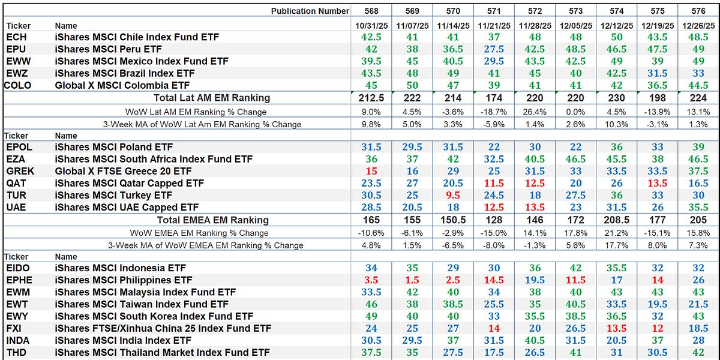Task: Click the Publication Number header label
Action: click(310, 11)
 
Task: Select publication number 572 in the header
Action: click(535, 11)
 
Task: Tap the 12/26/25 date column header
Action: click(698, 26)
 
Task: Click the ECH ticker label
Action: click(16, 37)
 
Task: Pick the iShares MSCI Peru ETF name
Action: click(109, 49)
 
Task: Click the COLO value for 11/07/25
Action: click(412, 85)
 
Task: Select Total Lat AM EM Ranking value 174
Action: click(494, 98)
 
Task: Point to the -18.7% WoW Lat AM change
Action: click(494, 112)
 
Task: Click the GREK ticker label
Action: click(20, 171)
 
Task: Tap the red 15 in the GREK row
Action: click(371, 171)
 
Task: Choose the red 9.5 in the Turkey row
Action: click(453, 196)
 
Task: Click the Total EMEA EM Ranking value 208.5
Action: click(616, 220)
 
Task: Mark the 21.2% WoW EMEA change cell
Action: click(616, 233)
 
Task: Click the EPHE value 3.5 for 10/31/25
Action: click(371, 280)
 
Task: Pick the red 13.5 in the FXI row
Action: click(616, 328)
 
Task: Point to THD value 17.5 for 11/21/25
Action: click(494, 353)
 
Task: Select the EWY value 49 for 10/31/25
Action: click(371, 316)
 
